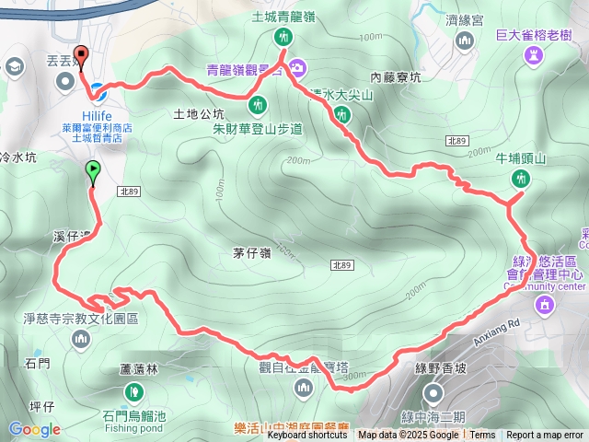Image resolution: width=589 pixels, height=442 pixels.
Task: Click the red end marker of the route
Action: click(79, 56)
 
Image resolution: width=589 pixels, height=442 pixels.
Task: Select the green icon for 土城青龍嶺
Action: click(283, 36)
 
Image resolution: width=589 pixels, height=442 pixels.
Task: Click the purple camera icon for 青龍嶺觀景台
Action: click(297, 66)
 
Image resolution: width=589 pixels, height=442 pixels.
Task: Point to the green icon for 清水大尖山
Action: click(342, 115)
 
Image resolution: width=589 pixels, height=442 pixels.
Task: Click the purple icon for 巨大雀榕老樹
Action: click(534, 56)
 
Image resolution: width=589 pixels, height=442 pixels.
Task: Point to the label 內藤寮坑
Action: click(395, 77)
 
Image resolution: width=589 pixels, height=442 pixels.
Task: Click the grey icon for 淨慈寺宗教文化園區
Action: click(81, 340)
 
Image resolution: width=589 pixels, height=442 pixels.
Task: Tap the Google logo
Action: click(35, 428)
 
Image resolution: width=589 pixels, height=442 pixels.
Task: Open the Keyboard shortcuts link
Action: click(307, 436)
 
